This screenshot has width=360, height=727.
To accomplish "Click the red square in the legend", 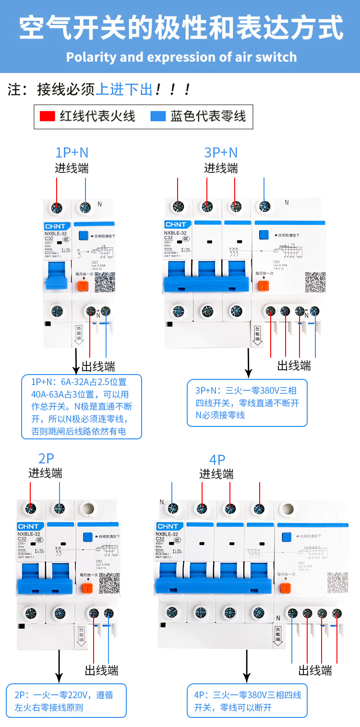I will pos(47,116).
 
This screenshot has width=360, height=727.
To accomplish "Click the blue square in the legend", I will pos(158,116).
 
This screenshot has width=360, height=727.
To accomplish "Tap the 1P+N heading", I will pos(72,153).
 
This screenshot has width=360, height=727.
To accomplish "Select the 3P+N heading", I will pos(221,152).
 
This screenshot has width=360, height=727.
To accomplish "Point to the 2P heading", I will pos(46,458).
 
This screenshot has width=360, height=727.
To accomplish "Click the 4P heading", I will pos(217,459).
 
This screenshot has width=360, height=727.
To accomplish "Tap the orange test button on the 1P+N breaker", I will pos(83,285).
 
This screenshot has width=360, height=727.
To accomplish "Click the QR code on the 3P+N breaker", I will pos(315,282).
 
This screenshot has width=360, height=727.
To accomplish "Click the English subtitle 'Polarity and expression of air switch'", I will pos(181,57).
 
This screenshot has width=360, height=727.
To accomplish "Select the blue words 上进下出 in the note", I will pos(124,89).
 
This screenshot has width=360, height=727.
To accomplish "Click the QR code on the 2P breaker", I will pos(109,584).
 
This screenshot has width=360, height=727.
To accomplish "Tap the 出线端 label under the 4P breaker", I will pos(315,670).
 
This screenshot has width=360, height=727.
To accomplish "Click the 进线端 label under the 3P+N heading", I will pos(221,169).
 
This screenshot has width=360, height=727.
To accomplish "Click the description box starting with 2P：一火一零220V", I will pos(67,701).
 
